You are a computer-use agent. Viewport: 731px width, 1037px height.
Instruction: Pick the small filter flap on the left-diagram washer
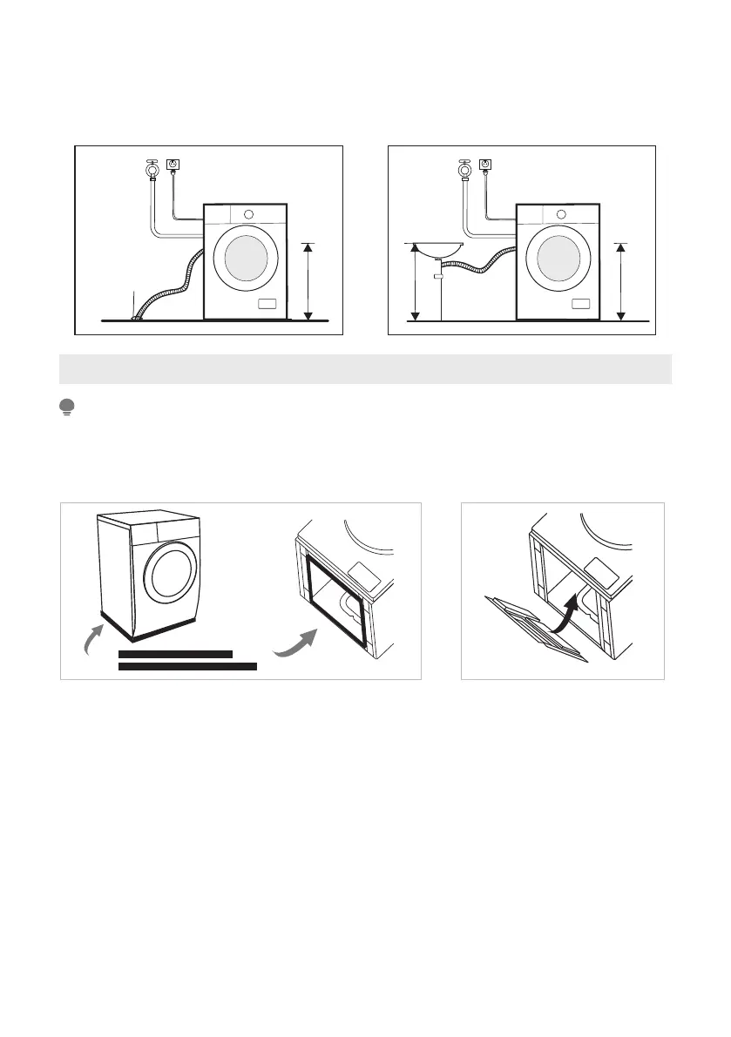click(267, 304)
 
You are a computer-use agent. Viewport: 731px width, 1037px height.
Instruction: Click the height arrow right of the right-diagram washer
click(620, 281)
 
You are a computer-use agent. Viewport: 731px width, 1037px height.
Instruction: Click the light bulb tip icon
click(65, 407)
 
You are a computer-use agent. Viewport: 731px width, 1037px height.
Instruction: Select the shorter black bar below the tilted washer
click(175, 653)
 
